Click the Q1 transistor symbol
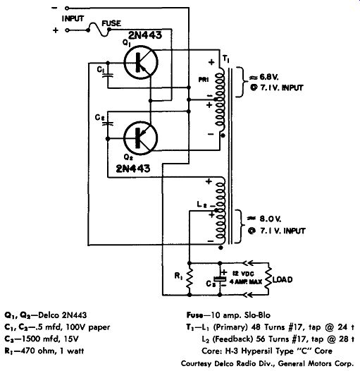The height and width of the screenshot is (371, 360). pyautogui.click(x=141, y=62)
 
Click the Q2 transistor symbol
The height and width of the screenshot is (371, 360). pyautogui.click(x=141, y=138)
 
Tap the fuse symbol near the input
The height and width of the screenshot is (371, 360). pyautogui.click(x=99, y=30)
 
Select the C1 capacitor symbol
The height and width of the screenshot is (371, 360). pyautogui.click(x=108, y=75)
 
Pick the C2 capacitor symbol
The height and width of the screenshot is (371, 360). pyautogui.click(x=108, y=123)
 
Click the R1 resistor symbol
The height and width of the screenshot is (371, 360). pyautogui.click(x=190, y=279)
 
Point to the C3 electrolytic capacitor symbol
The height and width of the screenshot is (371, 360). pyautogui.click(x=220, y=279)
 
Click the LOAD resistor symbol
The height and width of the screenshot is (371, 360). pyautogui.click(x=268, y=279)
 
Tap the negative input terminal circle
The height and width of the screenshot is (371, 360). pyautogui.click(x=67, y=8)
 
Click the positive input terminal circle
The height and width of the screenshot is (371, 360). pyautogui.click(x=67, y=30)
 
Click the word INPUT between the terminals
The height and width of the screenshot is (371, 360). pyautogui.click(x=73, y=19)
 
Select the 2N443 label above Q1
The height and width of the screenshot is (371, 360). pyautogui.click(x=145, y=35)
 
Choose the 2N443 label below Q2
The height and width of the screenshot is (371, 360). pyautogui.click(x=133, y=169)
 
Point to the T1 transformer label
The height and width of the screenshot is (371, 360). pyautogui.click(x=226, y=59)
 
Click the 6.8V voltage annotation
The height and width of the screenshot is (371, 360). pyautogui.click(x=263, y=77)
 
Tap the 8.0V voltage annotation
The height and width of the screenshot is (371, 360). pyautogui.click(x=264, y=219)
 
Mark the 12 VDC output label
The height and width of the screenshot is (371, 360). pyautogui.click(x=243, y=274)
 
